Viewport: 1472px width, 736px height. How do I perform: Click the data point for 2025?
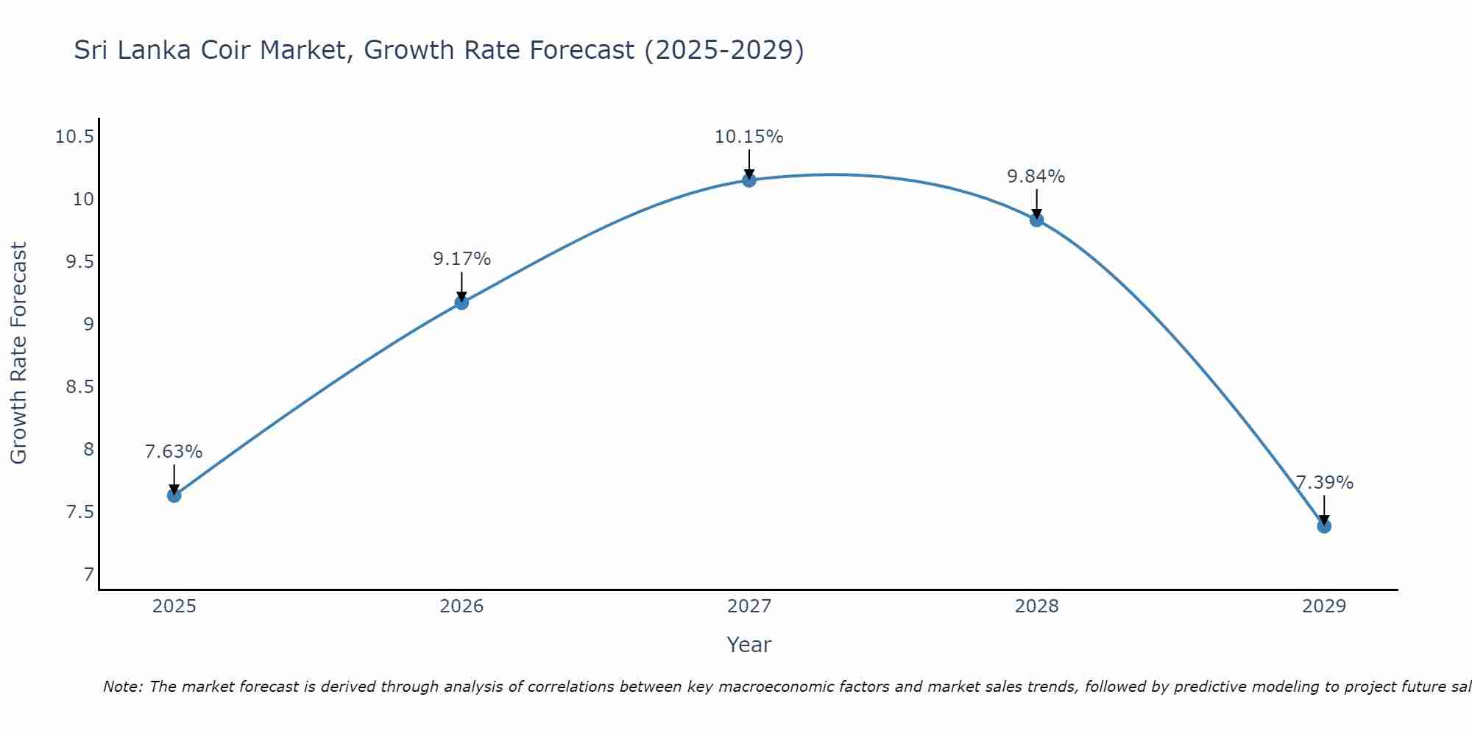click(x=174, y=495)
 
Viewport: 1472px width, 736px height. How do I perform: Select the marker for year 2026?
click(x=461, y=302)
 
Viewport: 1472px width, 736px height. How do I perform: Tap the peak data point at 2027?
click(x=749, y=180)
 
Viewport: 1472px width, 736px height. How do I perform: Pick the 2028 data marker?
click(x=1036, y=219)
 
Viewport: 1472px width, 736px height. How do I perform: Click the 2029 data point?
click(x=1324, y=526)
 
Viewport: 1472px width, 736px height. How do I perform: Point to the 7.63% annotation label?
click(x=174, y=452)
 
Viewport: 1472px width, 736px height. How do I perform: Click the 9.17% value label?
click(x=461, y=259)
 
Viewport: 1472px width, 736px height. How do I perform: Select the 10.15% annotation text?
click(x=749, y=137)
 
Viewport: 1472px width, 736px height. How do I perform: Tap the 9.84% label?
click(x=1036, y=177)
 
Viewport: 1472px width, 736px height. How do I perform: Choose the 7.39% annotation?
click(x=1324, y=483)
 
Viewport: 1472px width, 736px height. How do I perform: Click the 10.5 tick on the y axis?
click(x=74, y=137)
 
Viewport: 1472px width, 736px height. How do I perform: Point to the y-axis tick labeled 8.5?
click(x=80, y=386)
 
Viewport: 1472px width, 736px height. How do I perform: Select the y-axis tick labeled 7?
click(x=89, y=574)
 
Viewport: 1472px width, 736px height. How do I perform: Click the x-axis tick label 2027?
click(x=749, y=606)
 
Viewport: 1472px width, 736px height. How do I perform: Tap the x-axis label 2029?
click(x=1324, y=606)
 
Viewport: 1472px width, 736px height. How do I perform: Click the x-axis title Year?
click(x=749, y=645)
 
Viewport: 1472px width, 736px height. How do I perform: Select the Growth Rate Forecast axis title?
click(x=19, y=353)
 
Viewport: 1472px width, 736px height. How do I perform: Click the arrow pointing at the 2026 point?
click(x=461, y=286)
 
